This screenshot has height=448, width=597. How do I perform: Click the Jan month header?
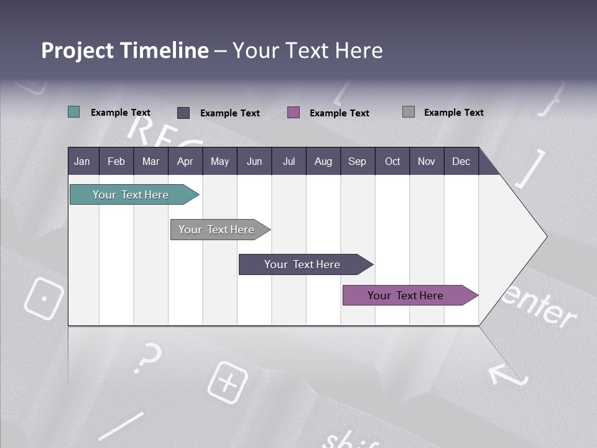tap(82, 161)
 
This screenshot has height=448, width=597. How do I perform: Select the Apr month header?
tap(185, 161)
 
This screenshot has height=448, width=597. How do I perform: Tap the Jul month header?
tap(289, 161)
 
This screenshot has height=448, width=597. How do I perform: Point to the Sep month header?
tap(357, 161)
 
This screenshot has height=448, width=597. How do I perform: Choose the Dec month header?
tap(461, 161)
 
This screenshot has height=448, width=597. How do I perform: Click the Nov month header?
tap(426, 161)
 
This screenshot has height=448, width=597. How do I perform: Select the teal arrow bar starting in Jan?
tap(131, 195)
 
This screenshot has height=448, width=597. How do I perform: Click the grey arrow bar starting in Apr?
tap(216, 230)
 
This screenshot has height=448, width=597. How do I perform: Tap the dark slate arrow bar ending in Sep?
tap(302, 264)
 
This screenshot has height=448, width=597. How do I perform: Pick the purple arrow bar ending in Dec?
tap(405, 296)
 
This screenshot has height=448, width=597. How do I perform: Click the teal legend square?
tap(74, 112)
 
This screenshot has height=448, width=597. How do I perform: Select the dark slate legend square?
tap(183, 113)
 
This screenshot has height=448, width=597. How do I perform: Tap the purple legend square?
tap(294, 112)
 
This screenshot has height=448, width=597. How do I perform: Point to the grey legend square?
tap(409, 112)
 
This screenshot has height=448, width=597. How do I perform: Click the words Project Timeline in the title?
tap(124, 50)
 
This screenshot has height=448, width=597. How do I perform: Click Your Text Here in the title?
tap(308, 50)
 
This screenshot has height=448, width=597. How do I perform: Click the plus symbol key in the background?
tap(228, 381)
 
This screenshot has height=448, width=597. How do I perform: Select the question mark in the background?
tap(147, 357)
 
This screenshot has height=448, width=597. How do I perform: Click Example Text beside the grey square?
tap(453, 112)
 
